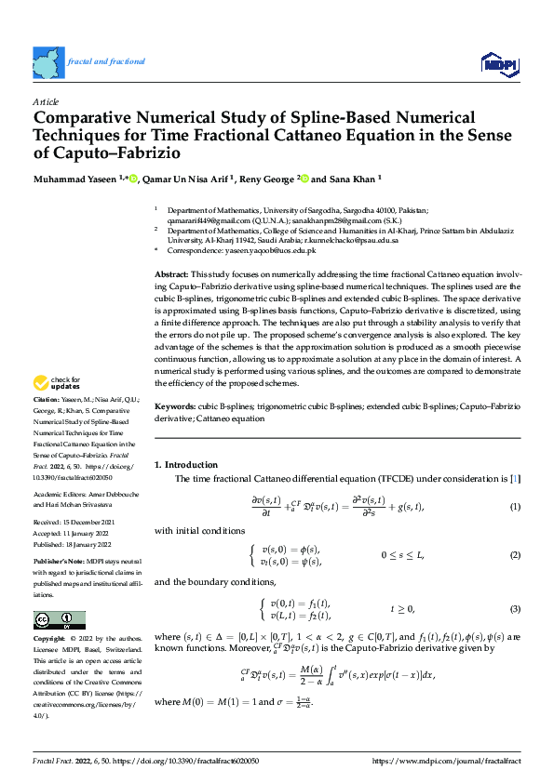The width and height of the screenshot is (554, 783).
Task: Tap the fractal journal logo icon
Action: point(48,61)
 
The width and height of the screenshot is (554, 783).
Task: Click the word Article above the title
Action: point(46,100)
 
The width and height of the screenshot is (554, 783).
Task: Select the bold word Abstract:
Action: point(171,276)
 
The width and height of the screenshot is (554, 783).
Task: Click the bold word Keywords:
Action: point(175,407)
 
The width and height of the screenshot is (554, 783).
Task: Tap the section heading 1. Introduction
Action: point(186,464)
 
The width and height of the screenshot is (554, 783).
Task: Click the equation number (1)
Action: point(514,507)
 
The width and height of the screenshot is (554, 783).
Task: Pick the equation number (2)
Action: point(514,555)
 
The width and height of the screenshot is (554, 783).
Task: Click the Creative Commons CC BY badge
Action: point(60,620)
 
